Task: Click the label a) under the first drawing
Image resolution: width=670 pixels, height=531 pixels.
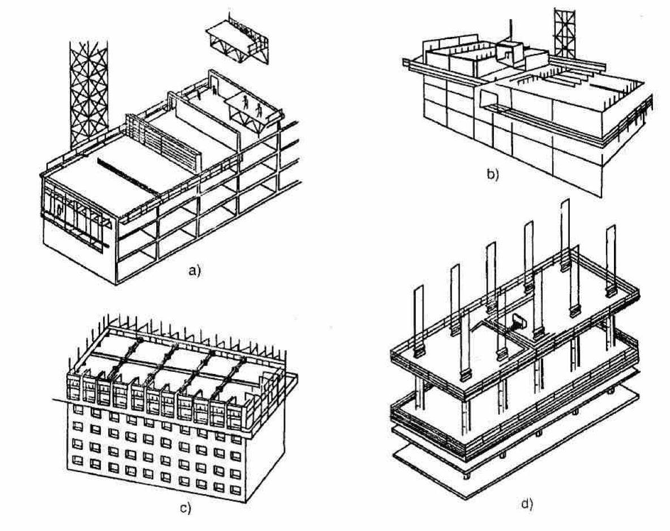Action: pyautogui.click(x=194, y=271)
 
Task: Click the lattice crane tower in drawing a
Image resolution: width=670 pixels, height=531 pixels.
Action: pyautogui.click(x=88, y=91)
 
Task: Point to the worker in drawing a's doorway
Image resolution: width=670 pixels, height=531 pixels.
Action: pyautogui.click(x=215, y=88)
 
